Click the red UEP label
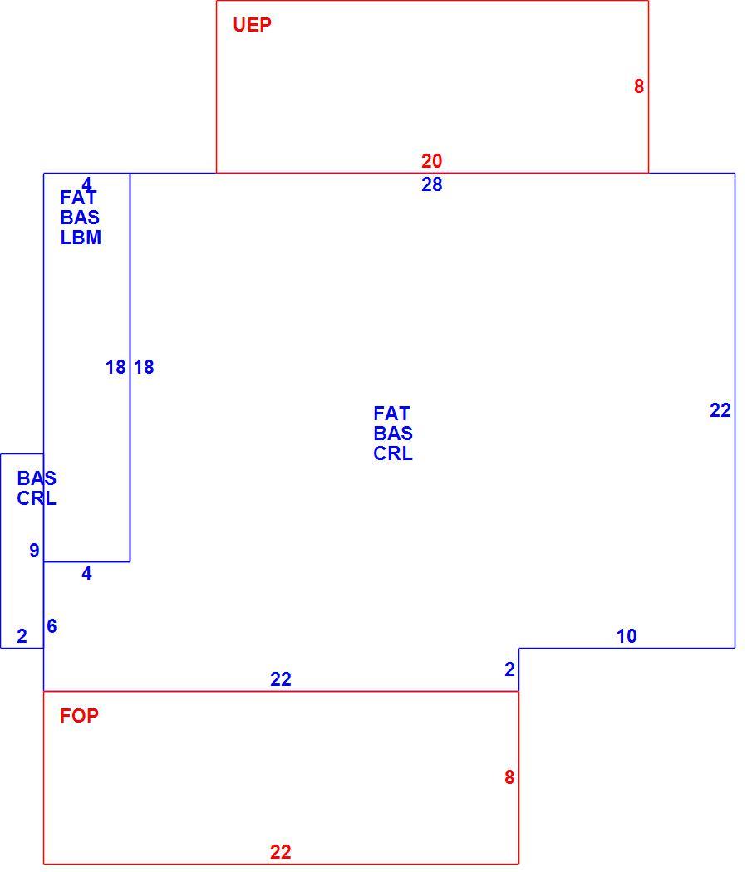[x=252, y=25]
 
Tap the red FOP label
[x=79, y=716]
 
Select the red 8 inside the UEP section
[x=638, y=86]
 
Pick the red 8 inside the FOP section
[x=509, y=776]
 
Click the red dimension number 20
[x=431, y=161]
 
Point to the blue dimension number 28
[x=431, y=184]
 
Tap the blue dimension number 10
[x=627, y=635]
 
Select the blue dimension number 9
[x=35, y=550]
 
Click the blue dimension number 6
[x=52, y=625]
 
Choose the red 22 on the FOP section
[x=280, y=852]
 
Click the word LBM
[x=81, y=238]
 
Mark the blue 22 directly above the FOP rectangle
[x=280, y=679]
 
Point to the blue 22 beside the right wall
[x=720, y=410]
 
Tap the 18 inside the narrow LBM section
[x=115, y=367]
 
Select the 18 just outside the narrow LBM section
[x=144, y=367]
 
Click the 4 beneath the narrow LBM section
[x=86, y=573]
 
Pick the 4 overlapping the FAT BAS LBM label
[x=86, y=184]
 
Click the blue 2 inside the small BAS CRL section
[x=22, y=635]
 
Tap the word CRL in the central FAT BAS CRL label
[x=393, y=453]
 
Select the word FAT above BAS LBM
[x=78, y=198]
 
